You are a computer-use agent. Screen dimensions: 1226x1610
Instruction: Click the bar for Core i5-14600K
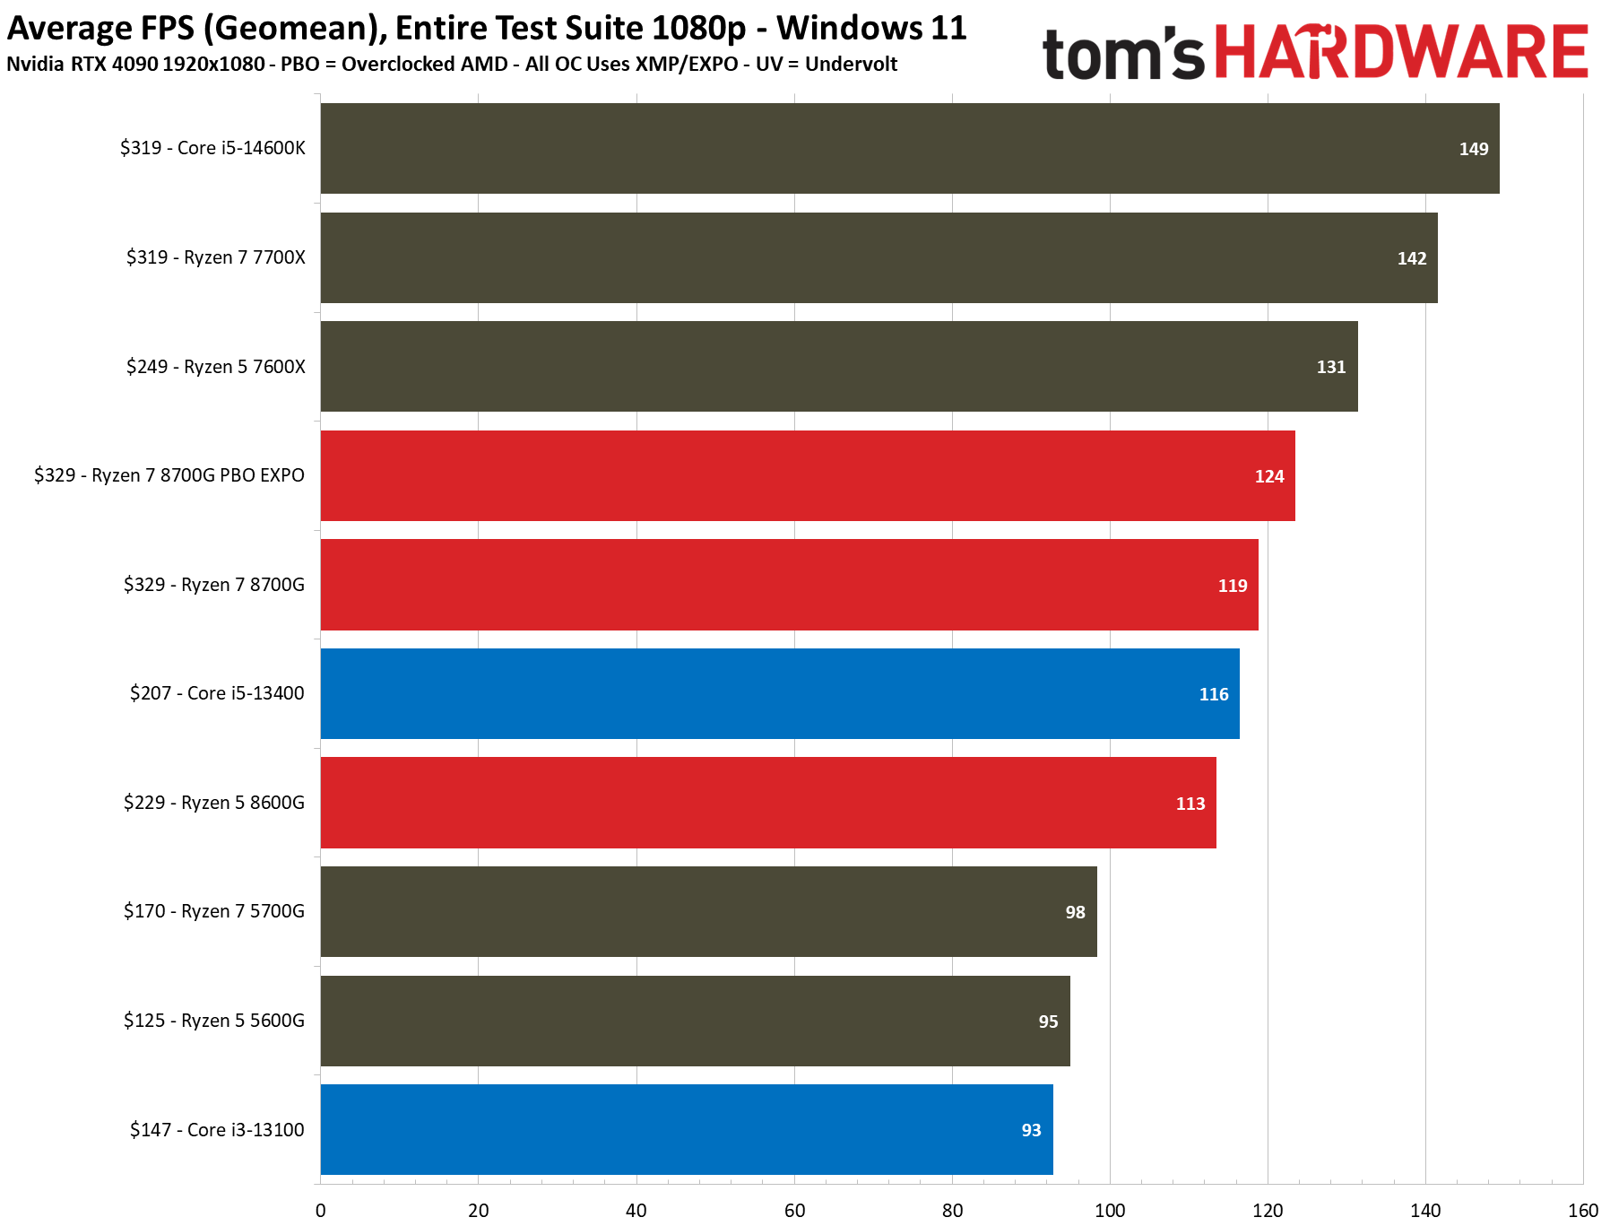tap(909, 148)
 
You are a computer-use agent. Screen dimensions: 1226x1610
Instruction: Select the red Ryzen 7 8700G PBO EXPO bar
tap(807, 475)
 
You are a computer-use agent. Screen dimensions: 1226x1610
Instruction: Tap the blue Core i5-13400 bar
tap(780, 693)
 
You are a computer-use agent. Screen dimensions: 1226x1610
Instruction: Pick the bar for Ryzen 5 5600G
tap(695, 1021)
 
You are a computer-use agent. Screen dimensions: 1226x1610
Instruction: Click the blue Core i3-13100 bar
tap(686, 1129)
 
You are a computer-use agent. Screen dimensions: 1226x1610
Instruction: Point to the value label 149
tap(1473, 149)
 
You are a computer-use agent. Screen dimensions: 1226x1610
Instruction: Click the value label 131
tap(1330, 367)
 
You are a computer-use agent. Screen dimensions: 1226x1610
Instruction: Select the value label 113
tap(1190, 804)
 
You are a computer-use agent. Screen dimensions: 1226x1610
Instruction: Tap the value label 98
tap(1075, 912)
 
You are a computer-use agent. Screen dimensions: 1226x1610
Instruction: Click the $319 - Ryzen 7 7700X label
tap(215, 257)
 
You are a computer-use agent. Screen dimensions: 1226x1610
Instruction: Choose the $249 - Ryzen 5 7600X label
tap(215, 367)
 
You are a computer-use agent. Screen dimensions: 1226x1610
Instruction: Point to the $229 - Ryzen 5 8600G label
tap(213, 803)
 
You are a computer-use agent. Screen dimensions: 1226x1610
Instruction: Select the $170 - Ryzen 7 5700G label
tap(213, 911)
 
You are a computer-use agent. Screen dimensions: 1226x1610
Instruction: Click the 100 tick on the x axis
tap(1110, 1211)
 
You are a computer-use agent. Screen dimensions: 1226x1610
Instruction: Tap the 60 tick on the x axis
tap(794, 1211)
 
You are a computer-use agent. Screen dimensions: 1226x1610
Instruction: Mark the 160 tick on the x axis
tap(1582, 1211)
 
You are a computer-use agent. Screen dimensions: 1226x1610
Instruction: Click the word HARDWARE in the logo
tap(1401, 53)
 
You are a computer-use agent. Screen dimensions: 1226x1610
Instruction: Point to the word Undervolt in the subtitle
tap(851, 65)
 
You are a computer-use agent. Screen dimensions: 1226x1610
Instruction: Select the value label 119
tap(1232, 586)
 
